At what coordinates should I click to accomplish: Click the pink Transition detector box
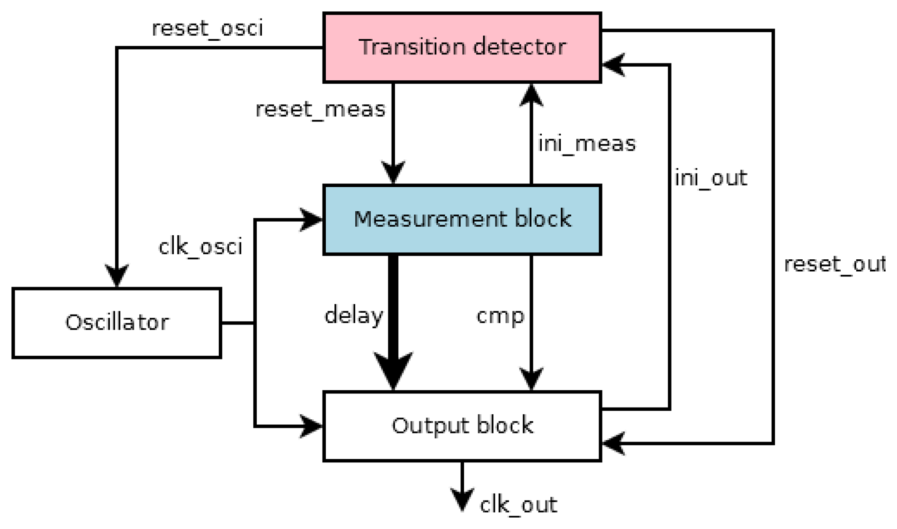tap(462, 48)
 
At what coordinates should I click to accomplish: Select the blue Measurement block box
tap(462, 219)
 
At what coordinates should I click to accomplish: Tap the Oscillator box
tap(117, 323)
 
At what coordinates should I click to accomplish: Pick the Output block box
tap(462, 426)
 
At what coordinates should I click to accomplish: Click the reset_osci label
tap(207, 29)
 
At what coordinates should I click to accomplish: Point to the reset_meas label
tap(320, 110)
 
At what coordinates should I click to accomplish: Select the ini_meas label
tap(587, 144)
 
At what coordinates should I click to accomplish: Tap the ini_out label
tap(711, 178)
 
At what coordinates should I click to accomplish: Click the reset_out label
tap(834, 264)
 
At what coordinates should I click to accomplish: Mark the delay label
tap(353, 315)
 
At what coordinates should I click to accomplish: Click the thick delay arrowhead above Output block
tap(393, 369)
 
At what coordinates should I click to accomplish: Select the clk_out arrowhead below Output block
tap(462, 499)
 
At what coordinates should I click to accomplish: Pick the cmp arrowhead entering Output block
tap(531, 379)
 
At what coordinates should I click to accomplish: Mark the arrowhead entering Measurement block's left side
tap(312, 219)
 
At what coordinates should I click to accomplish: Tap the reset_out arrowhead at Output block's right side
tap(613, 443)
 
